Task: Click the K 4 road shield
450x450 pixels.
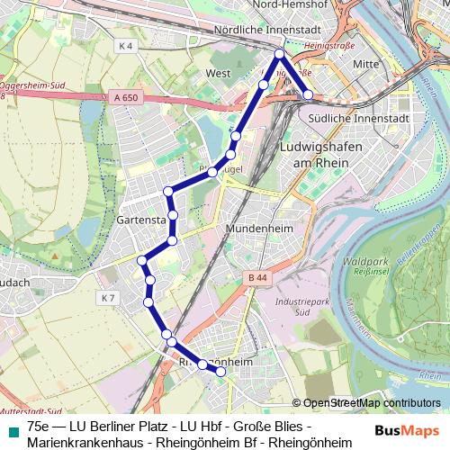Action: [124, 45]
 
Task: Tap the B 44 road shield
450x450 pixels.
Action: [257, 280]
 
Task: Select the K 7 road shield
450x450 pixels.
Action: [108, 298]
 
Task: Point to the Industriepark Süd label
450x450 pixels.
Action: [297, 308]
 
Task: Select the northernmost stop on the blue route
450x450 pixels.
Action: [280, 55]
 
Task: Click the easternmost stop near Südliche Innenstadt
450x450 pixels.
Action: [308, 94]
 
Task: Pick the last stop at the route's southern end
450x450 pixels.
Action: [220, 371]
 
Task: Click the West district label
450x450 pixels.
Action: [219, 73]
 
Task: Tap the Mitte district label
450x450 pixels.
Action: [366, 65]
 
